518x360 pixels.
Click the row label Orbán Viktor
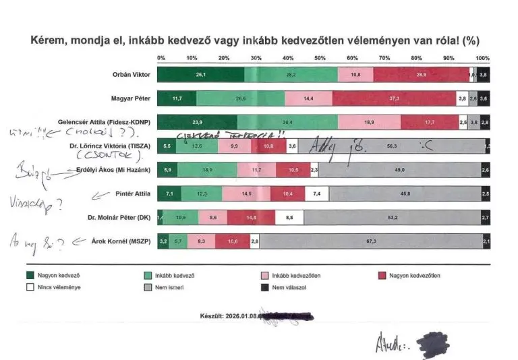pos(131,74)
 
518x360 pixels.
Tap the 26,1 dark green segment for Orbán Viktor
pos(200,74)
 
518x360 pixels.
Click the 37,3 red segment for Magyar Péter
pos(395,98)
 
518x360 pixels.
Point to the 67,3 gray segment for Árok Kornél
pos(370,241)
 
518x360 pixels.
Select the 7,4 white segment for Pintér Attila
pos(317,194)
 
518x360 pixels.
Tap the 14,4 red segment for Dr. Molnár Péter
pos(252,218)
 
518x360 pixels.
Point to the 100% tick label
pos(482,58)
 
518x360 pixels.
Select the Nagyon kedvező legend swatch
pos(30,274)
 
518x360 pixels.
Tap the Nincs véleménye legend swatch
pos(30,287)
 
